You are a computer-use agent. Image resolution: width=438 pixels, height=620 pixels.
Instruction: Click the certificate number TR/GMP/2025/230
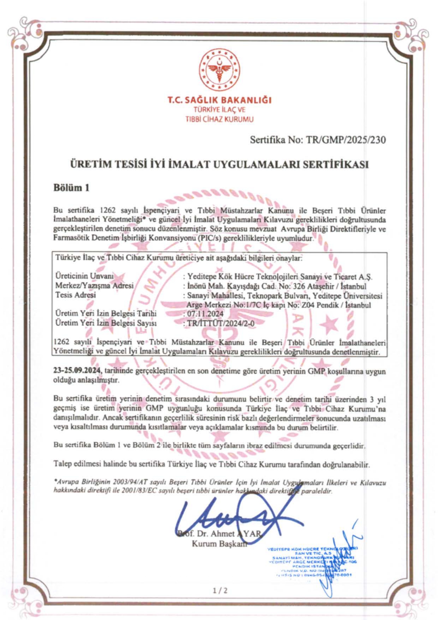coord(346,140)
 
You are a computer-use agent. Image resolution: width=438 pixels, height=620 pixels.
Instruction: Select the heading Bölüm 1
coord(71,187)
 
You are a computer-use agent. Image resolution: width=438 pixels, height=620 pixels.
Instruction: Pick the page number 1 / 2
coord(220,591)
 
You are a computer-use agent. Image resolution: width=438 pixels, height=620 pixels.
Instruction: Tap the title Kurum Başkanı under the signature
coord(219,544)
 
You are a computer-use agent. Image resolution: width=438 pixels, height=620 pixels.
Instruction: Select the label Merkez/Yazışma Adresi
coord(94,285)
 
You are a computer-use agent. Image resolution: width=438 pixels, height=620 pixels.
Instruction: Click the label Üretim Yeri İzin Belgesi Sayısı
coord(106,323)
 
